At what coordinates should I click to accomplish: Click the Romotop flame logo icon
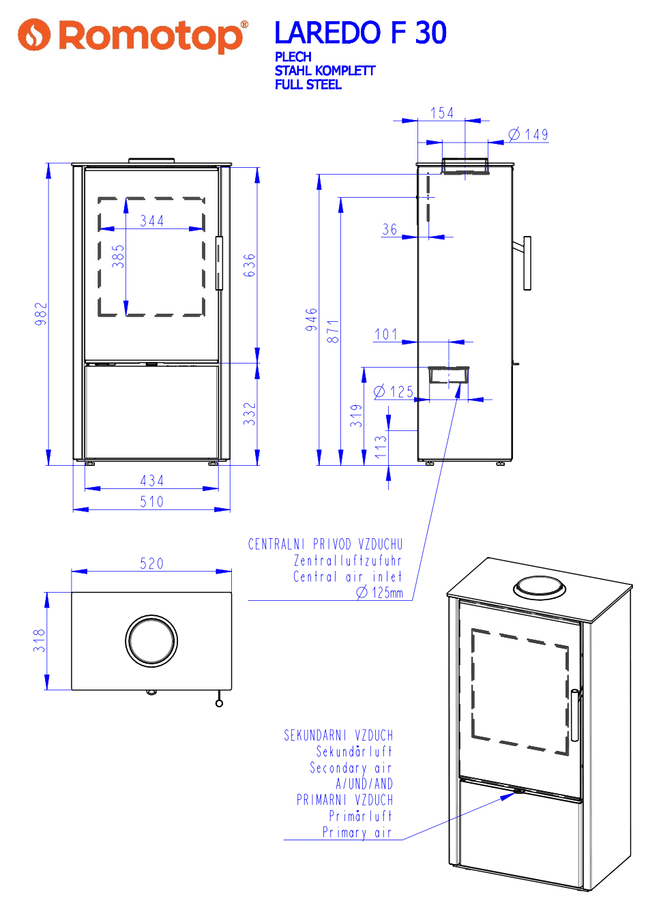[33, 35]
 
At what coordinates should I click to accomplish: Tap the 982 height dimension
[41, 314]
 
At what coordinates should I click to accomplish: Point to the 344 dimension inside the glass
[151, 221]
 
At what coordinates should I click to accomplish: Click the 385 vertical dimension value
[118, 256]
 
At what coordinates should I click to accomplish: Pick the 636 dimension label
[249, 265]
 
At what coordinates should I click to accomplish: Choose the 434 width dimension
[151, 480]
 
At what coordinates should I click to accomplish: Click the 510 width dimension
[151, 501]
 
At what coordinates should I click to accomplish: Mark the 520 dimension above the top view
[151, 563]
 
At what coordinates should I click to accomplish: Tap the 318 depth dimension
[39, 640]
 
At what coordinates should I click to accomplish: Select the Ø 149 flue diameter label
[528, 134]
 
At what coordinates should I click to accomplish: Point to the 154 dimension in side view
[442, 113]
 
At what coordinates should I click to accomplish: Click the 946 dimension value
[312, 320]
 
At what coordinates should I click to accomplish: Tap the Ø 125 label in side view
[394, 391]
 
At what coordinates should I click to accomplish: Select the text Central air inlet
[348, 576]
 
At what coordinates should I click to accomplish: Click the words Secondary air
[351, 767]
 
